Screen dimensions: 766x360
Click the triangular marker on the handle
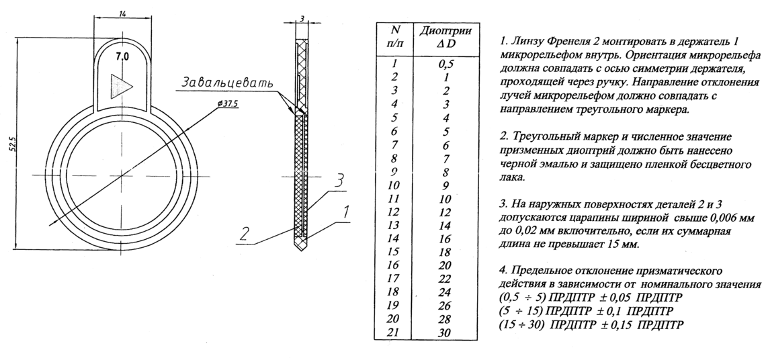pyautogui.click(x=120, y=87)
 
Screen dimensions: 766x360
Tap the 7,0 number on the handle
pyautogui.click(x=122, y=57)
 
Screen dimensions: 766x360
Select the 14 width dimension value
pyautogui.click(x=122, y=13)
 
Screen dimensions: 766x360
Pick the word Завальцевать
pyautogui.click(x=227, y=82)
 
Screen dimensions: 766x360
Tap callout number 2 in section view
pyautogui.click(x=245, y=236)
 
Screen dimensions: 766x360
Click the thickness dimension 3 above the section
pyautogui.click(x=302, y=19)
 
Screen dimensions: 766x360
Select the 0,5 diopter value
pyautogui.click(x=445, y=64)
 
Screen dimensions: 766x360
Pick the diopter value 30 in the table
pyautogui.click(x=445, y=332)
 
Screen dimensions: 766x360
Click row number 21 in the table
pyautogui.click(x=393, y=333)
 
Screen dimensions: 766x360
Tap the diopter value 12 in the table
pyautogui.click(x=445, y=212)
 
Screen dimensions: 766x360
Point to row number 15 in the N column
pyautogui.click(x=393, y=252)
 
